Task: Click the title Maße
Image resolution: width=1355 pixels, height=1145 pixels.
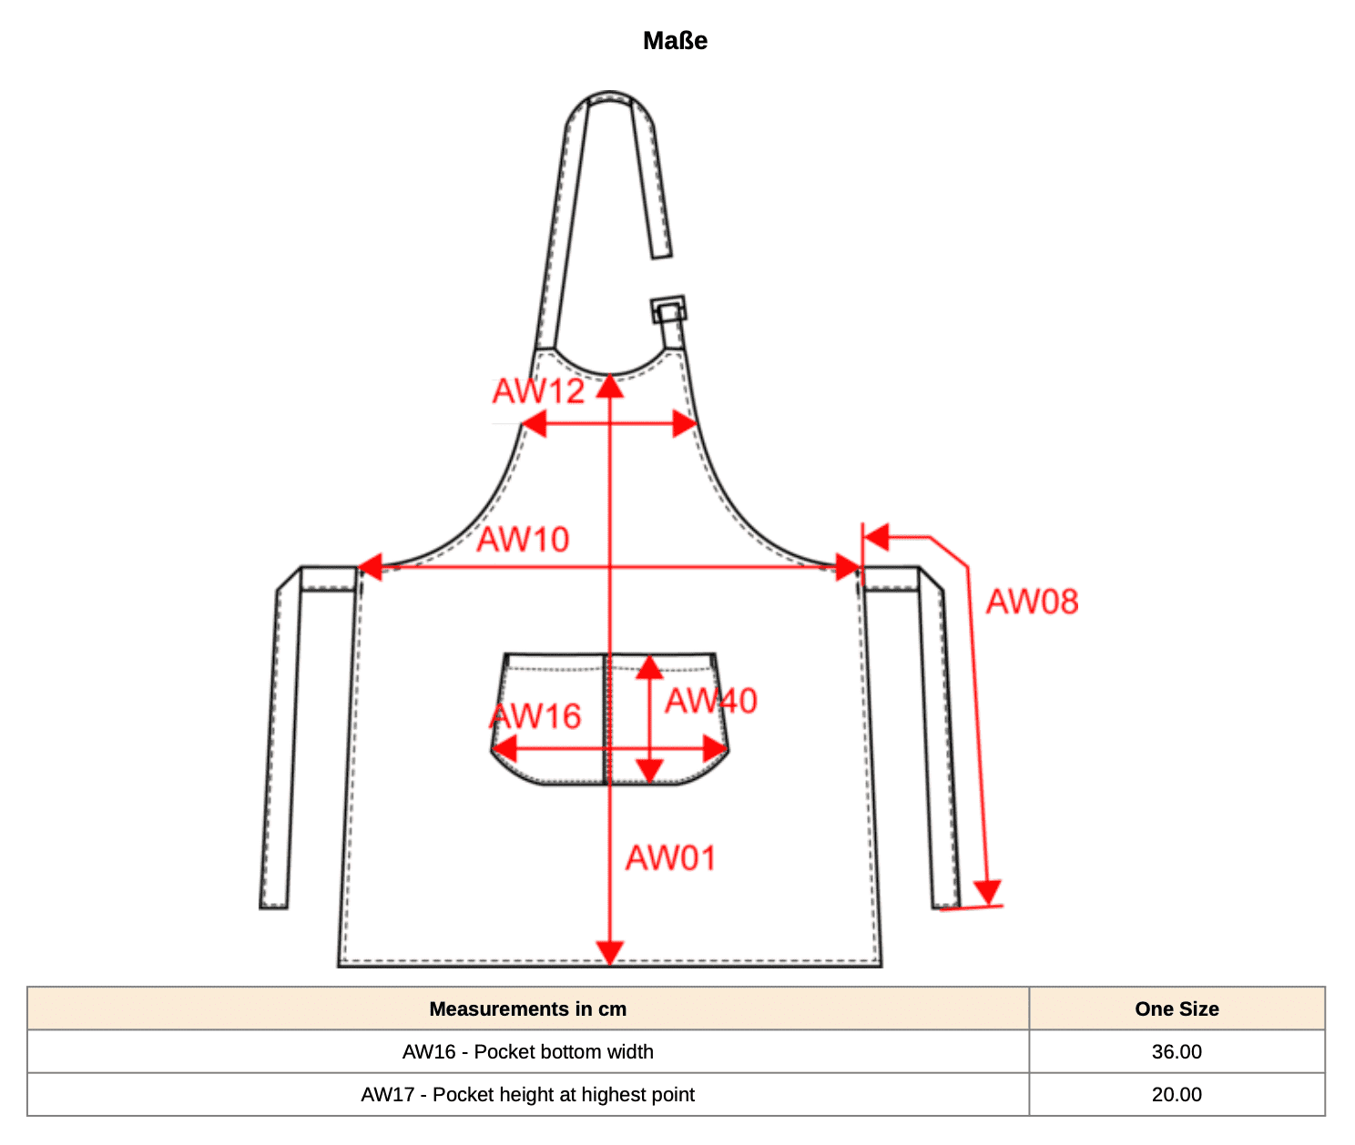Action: coord(675,41)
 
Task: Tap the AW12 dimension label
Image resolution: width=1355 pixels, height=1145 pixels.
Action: coord(538,391)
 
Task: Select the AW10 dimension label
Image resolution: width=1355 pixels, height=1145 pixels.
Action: coord(523,540)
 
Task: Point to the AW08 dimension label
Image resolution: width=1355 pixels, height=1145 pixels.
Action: coord(1032,601)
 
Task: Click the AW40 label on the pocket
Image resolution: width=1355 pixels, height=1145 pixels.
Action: coord(710,701)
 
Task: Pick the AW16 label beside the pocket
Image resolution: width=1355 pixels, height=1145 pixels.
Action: coord(535,715)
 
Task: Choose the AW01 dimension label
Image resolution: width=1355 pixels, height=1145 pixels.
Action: coord(670,858)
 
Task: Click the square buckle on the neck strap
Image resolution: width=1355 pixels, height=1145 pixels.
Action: coord(668,309)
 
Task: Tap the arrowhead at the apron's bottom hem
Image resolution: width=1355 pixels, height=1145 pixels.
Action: coord(609,953)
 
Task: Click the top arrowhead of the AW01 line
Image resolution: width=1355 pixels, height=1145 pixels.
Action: coord(609,386)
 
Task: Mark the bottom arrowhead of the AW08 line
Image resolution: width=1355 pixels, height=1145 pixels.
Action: coord(987,893)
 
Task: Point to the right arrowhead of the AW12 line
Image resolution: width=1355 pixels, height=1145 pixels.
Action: coord(685,423)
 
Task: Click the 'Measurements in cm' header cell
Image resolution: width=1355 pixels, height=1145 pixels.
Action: coord(528,1008)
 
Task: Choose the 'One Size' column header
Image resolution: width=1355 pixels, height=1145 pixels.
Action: coord(1177,1008)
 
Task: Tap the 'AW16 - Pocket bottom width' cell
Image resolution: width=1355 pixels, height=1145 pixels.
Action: coord(528,1051)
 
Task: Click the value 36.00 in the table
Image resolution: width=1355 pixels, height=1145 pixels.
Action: coord(1177,1051)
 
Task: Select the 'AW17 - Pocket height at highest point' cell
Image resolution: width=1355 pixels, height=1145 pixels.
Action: coord(528,1094)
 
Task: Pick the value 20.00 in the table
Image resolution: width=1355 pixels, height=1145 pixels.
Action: coord(1177,1094)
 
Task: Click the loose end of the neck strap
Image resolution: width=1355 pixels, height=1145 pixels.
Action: coord(661,252)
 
